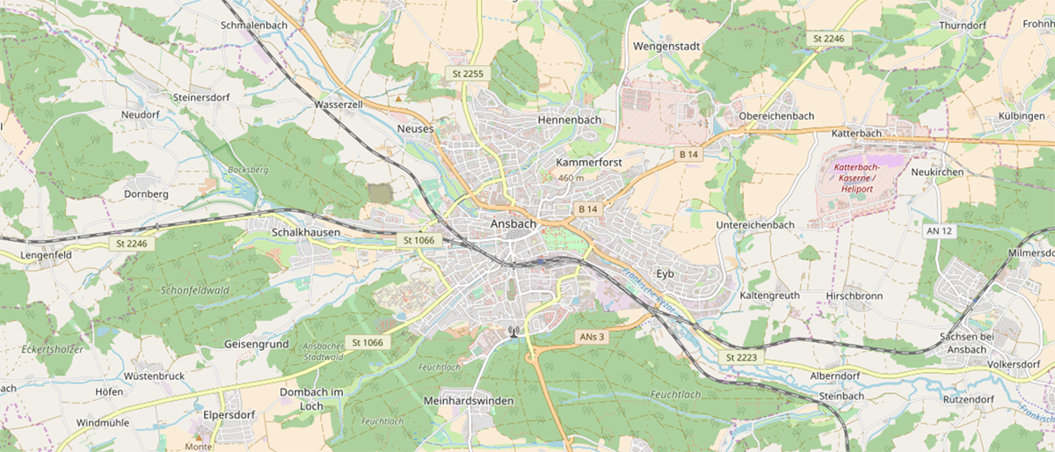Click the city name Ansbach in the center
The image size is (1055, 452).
(513, 224)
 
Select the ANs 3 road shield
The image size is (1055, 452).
(592, 337)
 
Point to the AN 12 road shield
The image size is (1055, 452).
(939, 230)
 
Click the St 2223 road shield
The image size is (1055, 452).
(741, 357)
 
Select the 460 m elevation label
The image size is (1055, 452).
(571, 179)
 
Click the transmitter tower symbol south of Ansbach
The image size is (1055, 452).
(513, 332)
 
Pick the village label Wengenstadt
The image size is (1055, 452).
(664, 45)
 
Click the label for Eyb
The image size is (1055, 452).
(664, 273)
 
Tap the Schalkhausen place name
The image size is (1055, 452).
(281, 231)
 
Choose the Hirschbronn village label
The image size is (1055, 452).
(854, 295)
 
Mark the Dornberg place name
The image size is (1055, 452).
(146, 193)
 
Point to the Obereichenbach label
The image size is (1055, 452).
(776, 116)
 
